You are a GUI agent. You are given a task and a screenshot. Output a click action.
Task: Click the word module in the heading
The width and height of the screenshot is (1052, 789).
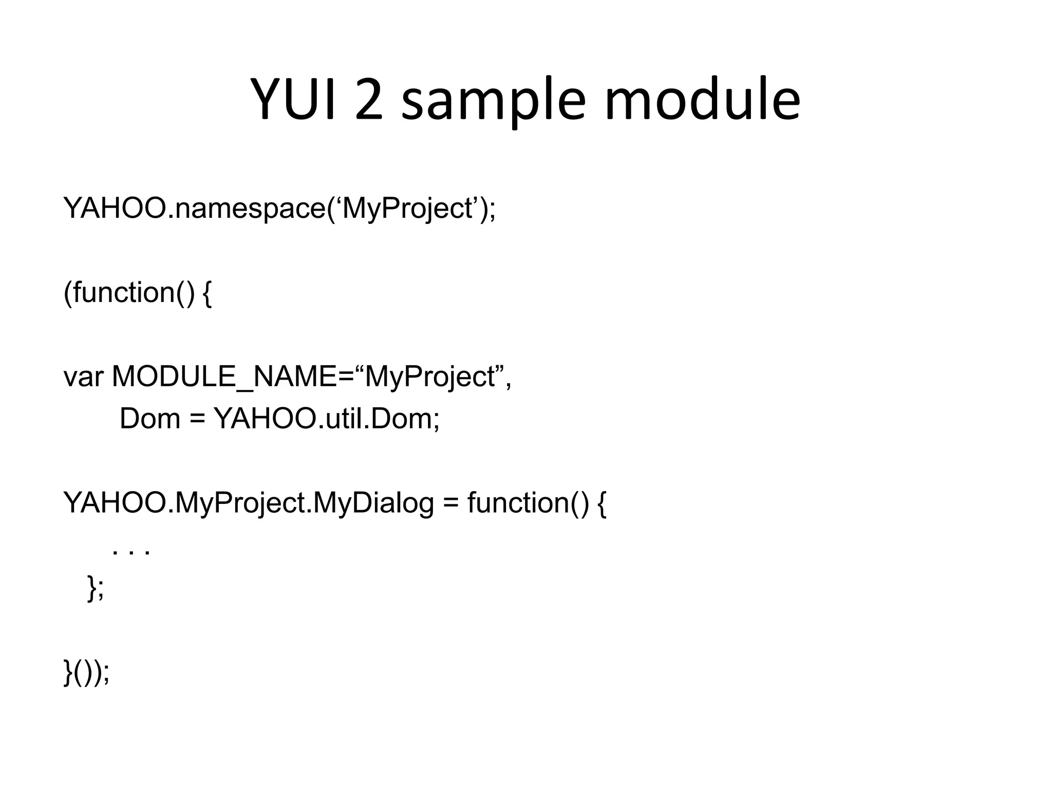[x=702, y=100]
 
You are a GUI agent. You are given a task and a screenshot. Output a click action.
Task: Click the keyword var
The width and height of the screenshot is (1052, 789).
[x=83, y=377]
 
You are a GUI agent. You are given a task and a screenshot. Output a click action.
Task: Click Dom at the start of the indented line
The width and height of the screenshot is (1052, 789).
[x=150, y=419]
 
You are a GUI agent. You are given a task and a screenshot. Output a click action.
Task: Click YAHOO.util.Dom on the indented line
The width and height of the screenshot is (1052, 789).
[x=327, y=419]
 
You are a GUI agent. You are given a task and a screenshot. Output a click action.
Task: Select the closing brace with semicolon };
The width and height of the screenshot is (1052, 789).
[x=96, y=588]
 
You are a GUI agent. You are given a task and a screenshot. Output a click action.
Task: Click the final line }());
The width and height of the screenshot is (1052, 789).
[x=86, y=672]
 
